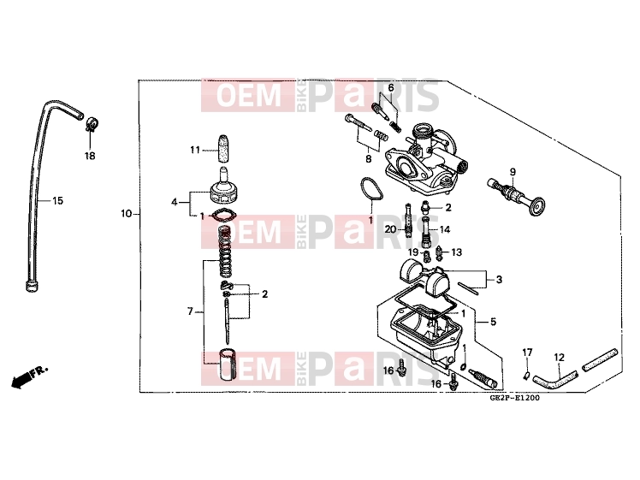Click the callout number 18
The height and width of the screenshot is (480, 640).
click(90, 156)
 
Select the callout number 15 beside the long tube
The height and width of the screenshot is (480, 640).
click(57, 200)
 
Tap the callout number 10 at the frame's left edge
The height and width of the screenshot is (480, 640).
click(127, 213)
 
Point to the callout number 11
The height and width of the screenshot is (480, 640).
click(195, 151)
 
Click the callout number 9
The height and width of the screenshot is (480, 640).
click(513, 172)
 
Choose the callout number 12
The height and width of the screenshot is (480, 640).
click(559, 358)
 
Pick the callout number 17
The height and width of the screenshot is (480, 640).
click(527, 353)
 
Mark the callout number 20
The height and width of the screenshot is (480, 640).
click(391, 229)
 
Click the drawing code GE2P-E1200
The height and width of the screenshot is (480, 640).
click(515, 398)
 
